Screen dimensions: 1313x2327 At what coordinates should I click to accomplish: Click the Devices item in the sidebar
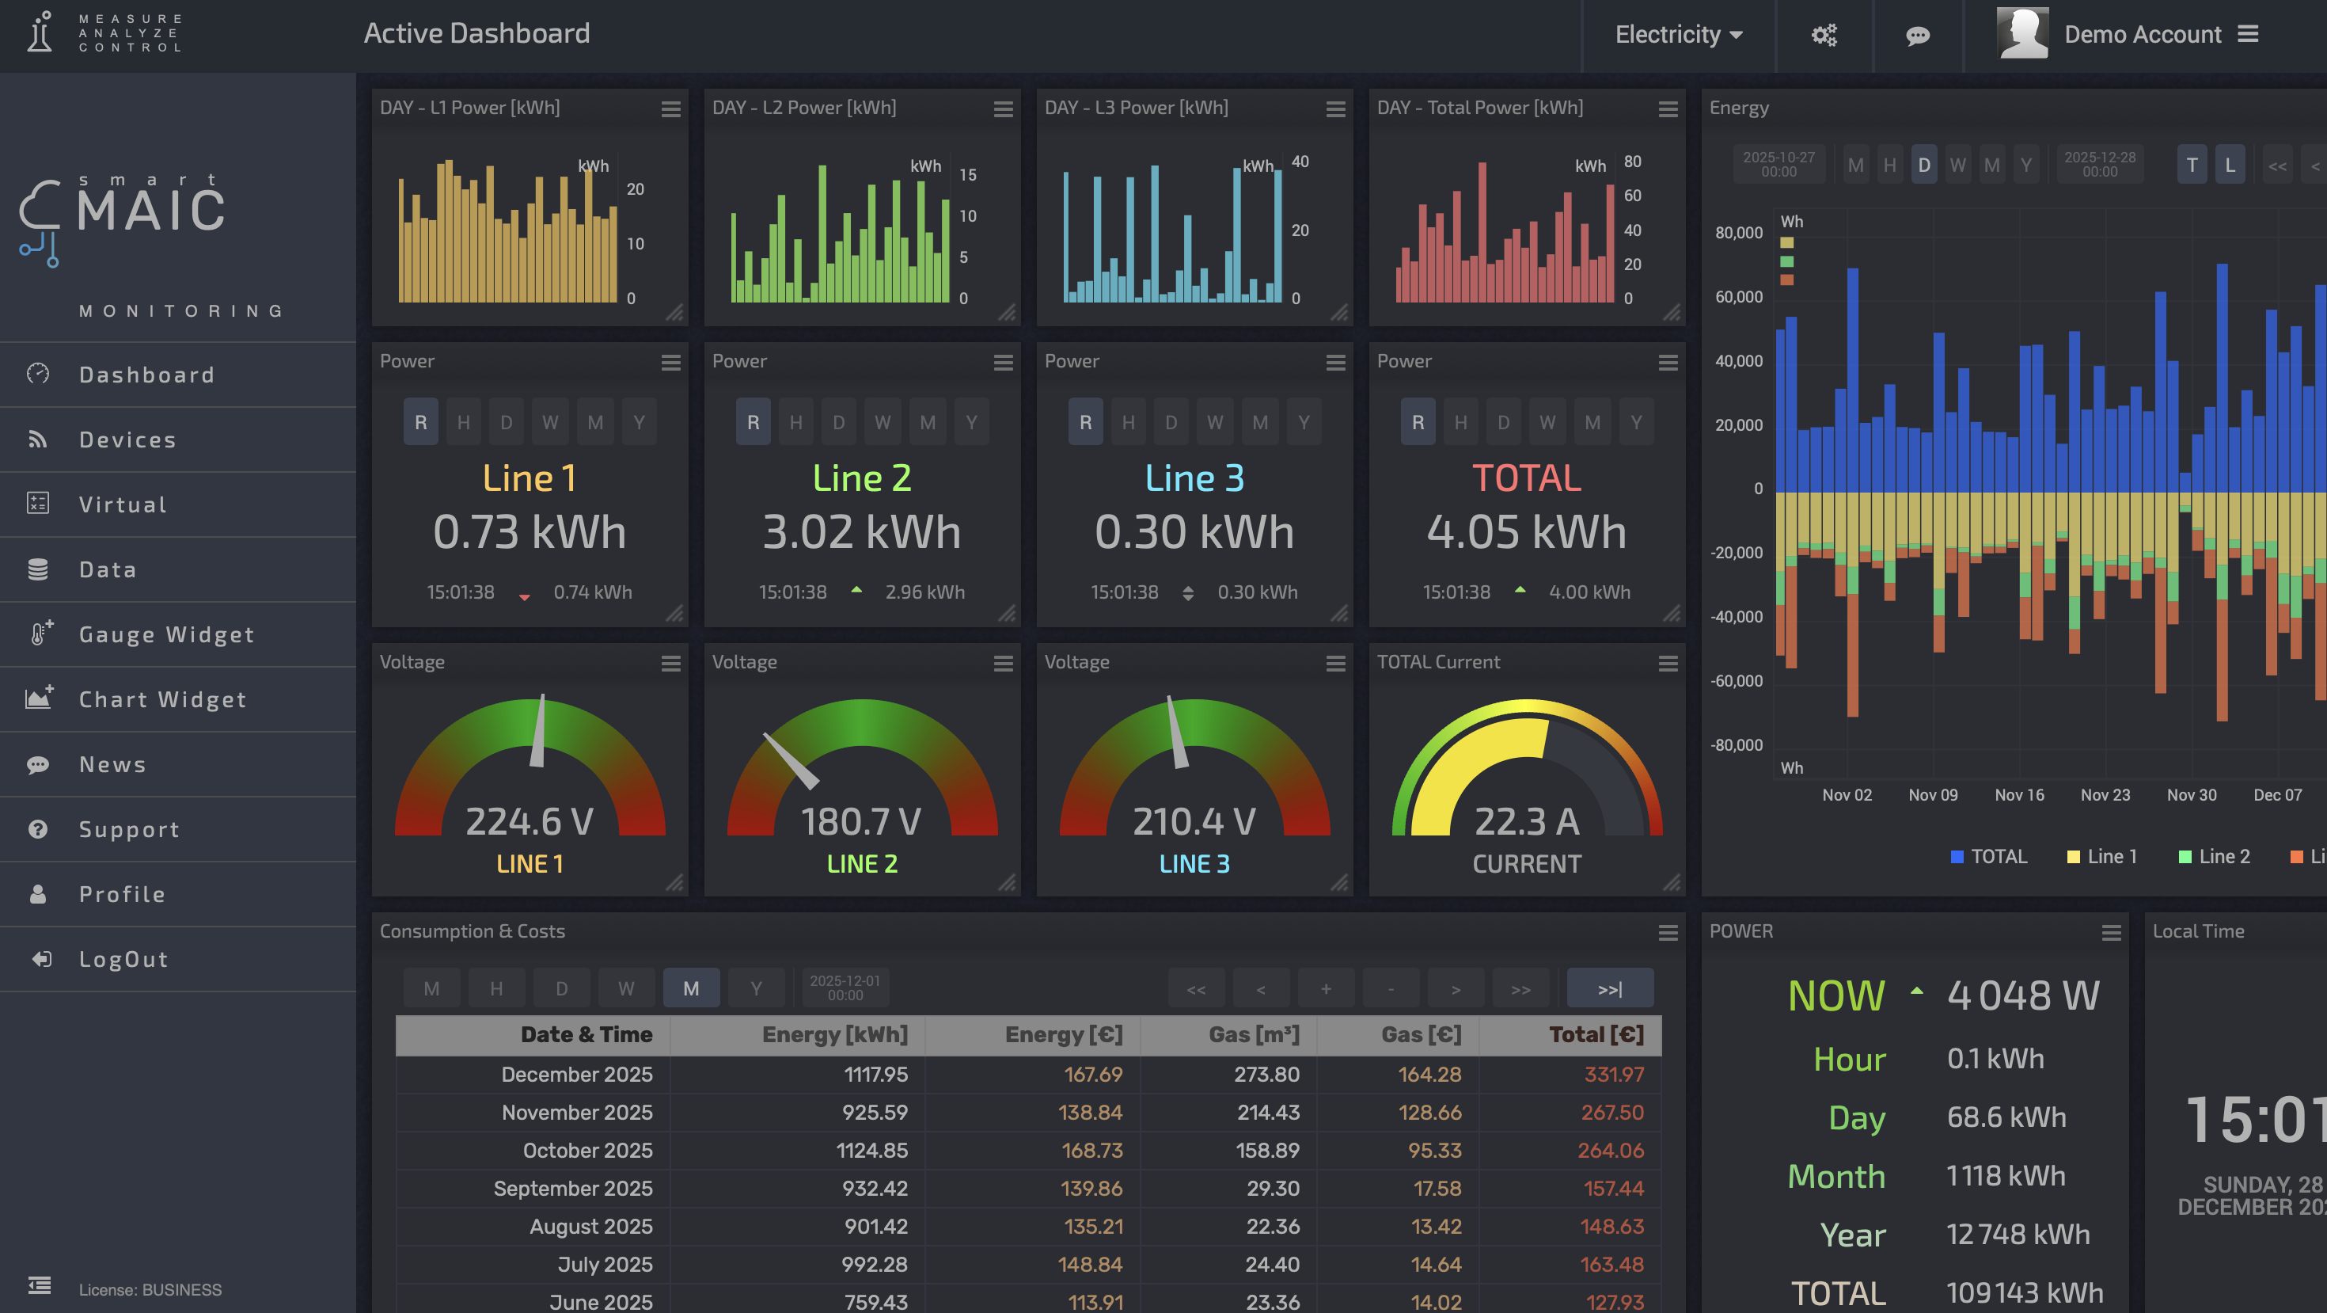coord(127,440)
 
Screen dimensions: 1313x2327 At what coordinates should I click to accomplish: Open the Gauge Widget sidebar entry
coord(166,634)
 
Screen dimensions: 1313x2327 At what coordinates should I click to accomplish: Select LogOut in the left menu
coord(123,959)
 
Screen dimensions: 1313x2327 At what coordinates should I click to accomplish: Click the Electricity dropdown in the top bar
coord(1679,34)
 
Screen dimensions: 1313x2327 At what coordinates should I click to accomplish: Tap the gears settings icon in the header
coord(1824,36)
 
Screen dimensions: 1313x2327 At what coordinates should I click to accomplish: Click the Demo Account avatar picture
coord(2021,33)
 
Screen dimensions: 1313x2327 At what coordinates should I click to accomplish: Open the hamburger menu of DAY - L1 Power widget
coord(670,109)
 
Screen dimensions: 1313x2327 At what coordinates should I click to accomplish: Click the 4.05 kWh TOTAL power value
coord(1527,531)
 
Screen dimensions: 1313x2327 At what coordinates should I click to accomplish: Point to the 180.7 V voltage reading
coord(861,821)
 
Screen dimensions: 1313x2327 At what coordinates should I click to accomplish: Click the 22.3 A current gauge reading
coord(1527,821)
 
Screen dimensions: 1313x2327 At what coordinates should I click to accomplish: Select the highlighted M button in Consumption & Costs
coord(691,988)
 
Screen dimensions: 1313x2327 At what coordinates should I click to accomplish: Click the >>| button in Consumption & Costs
coord(1610,988)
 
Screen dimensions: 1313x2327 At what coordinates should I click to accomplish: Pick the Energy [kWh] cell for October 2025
coord(875,1151)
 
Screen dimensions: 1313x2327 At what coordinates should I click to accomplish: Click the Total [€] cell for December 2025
coord(1613,1075)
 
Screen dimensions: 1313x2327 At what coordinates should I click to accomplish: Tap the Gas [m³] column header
coord(1254,1035)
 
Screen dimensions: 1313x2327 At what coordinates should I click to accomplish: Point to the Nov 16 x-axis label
coord(2019,795)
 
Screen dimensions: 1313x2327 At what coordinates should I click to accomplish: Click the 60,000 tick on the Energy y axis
coord(1738,297)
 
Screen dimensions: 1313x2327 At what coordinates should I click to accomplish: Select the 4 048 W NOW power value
coord(2022,995)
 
